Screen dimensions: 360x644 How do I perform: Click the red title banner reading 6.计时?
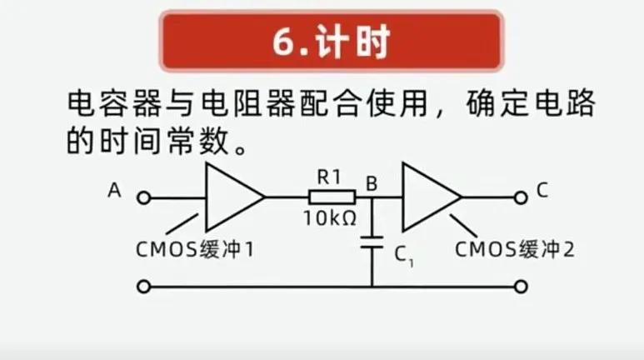coord(332,42)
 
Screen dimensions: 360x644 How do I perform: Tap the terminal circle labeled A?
coord(143,197)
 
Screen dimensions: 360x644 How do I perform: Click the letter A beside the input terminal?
coord(114,191)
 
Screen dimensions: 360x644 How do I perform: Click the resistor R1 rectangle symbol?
coord(332,197)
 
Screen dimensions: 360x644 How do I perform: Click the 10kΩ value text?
coord(330,219)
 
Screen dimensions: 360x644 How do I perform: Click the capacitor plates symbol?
coord(372,243)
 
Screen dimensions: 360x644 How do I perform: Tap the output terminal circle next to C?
coord(521,197)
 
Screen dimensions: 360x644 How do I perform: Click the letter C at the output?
coord(542,190)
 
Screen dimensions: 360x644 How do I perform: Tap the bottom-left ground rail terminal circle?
coord(143,287)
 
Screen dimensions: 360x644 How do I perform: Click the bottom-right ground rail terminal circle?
coord(521,287)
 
